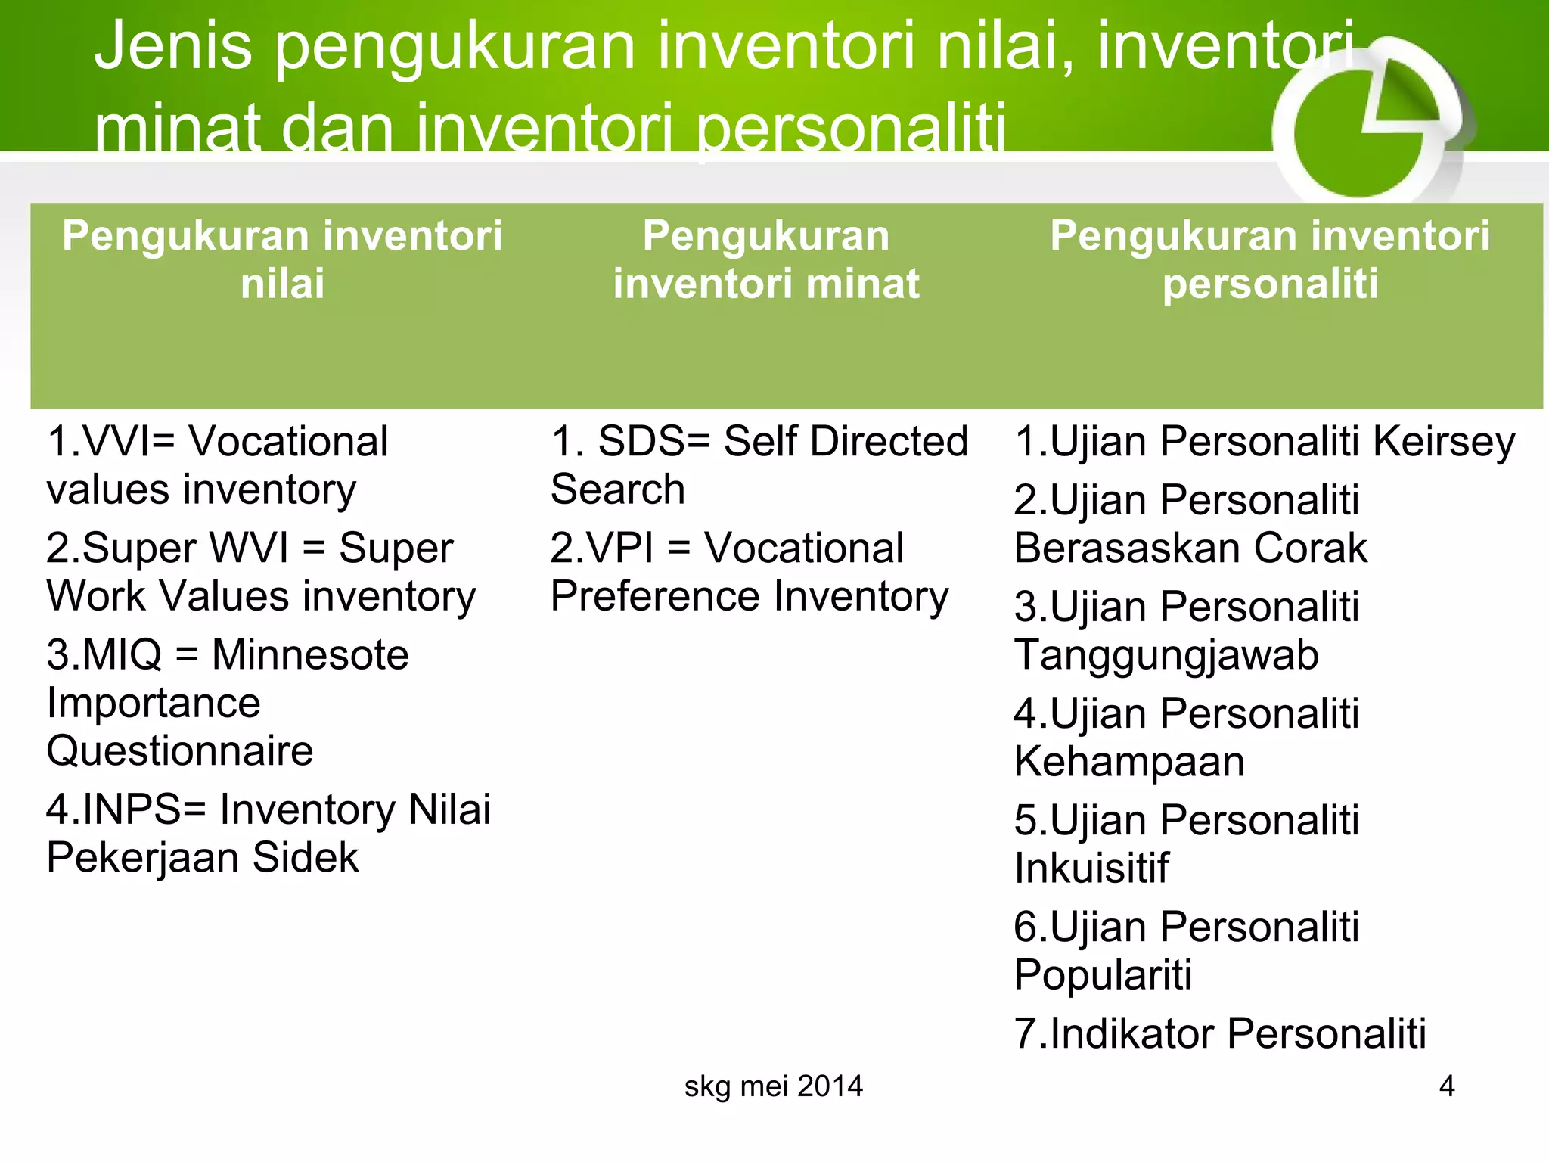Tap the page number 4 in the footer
pyautogui.click(x=1446, y=1086)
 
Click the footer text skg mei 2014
pyautogui.click(x=773, y=1086)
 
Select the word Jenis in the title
pyautogui.click(x=172, y=47)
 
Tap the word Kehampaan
pyautogui.click(x=1128, y=762)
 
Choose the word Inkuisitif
pyautogui.click(x=1091, y=868)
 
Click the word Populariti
pyautogui.click(x=1102, y=975)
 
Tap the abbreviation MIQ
pyautogui.click(x=121, y=655)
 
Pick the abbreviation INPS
pyautogui.click(x=132, y=810)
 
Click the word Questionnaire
pyautogui.click(x=179, y=751)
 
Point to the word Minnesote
pyautogui.click(x=310, y=655)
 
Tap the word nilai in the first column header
pyautogui.click(x=282, y=284)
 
